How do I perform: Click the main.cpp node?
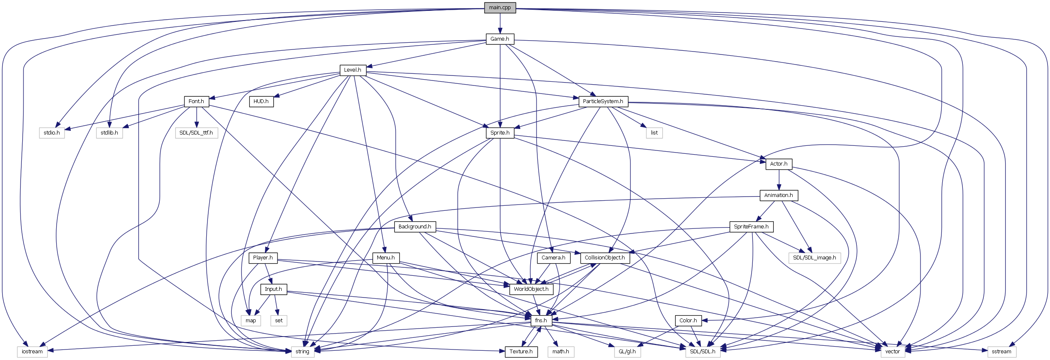coord(500,8)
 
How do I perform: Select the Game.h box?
coord(500,39)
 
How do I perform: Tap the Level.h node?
coord(353,70)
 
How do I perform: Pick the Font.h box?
coord(196,101)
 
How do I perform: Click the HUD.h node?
coord(261,101)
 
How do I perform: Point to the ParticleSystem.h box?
coord(603,101)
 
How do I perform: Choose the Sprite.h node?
coord(500,133)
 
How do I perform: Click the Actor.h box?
coord(778,164)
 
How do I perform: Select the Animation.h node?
coord(778,195)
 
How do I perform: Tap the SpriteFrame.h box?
coord(751,227)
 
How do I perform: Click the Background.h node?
coord(415,227)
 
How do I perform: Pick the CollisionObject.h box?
coord(604,258)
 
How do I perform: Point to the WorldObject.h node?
coord(531,289)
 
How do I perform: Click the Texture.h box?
coord(521,352)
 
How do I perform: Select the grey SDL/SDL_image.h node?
coord(814,258)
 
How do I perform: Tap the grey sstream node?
coord(1001,352)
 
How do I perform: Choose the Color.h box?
coord(688,321)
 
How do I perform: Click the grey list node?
coord(654,133)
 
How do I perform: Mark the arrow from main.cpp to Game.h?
coord(500,23)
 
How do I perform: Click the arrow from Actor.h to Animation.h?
coord(778,180)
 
